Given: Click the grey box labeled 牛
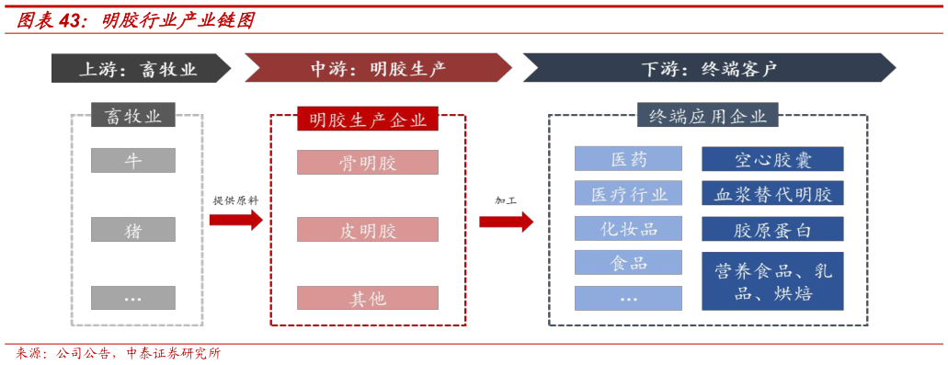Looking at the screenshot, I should pyautogui.click(x=133, y=160).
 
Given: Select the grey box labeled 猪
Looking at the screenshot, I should pyautogui.click(x=133, y=230).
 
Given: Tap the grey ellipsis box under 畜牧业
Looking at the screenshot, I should pyautogui.click(x=133, y=298).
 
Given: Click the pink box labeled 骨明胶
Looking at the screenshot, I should pyautogui.click(x=368, y=163).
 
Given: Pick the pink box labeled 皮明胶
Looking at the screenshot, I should pyautogui.click(x=368, y=230).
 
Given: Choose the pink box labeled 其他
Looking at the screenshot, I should pyautogui.click(x=368, y=298).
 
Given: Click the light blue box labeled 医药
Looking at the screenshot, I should pyautogui.click(x=629, y=159).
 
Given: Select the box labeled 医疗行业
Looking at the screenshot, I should pyautogui.click(x=629, y=194).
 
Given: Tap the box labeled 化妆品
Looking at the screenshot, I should pyautogui.click(x=629, y=229).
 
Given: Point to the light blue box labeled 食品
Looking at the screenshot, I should pyautogui.click(x=629, y=263).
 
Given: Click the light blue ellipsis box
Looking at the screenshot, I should pyautogui.click(x=629, y=298).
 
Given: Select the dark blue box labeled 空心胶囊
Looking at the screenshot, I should pyautogui.click(x=772, y=159).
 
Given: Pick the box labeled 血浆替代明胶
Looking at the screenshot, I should pyautogui.click(x=772, y=194).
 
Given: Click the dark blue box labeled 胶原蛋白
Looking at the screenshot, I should pyautogui.click(x=772, y=229).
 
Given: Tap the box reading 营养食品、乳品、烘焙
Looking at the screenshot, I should pyautogui.click(x=772, y=280).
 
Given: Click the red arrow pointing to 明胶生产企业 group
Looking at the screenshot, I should pyautogui.click(x=235, y=220).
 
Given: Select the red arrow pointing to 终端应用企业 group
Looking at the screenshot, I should pyautogui.click(x=506, y=221).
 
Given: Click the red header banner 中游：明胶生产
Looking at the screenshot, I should pyautogui.click(x=378, y=68).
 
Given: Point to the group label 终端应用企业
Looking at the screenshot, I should pyautogui.click(x=708, y=116).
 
